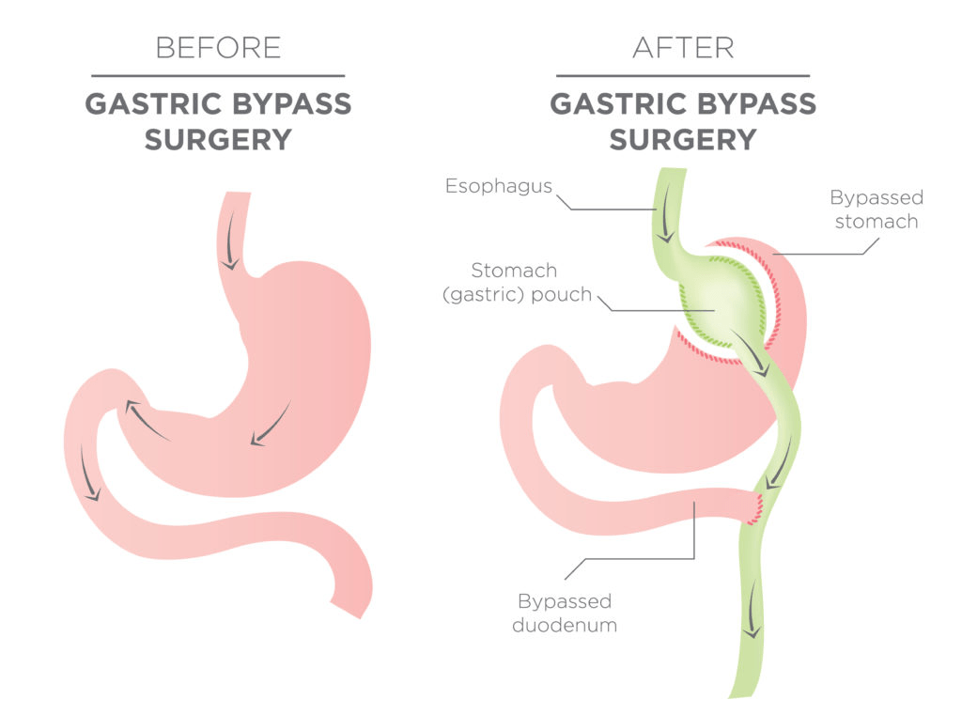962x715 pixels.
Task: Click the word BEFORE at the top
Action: (217, 47)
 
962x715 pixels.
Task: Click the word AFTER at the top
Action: (682, 47)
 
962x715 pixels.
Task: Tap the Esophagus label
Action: (500, 185)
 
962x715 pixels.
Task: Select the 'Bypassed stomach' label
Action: (876, 210)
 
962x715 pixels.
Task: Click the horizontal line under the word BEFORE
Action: (217, 75)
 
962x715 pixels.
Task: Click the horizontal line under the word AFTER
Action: (682, 75)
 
